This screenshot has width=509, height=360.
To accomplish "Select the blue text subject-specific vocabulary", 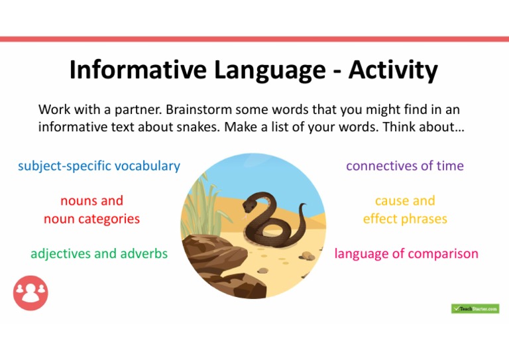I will pyautogui.click(x=99, y=166).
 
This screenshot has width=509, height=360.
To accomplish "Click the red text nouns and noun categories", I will pyautogui.click(x=91, y=210).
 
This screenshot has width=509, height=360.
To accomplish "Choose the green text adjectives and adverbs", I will pyautogui.click(x=99, y=253).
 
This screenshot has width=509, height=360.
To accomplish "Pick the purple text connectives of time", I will pyautogui.click(x=404, y=166).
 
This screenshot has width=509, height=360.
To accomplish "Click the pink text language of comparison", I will pyautogui.click(x=406, y=253).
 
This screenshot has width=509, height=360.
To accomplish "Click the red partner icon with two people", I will pyautogui.click(x=30, y=294).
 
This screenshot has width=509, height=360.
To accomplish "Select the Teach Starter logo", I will pyautogui.click(x=475, y=309).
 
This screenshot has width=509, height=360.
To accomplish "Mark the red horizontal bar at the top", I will pyautogui.click(x=254, y=39).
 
